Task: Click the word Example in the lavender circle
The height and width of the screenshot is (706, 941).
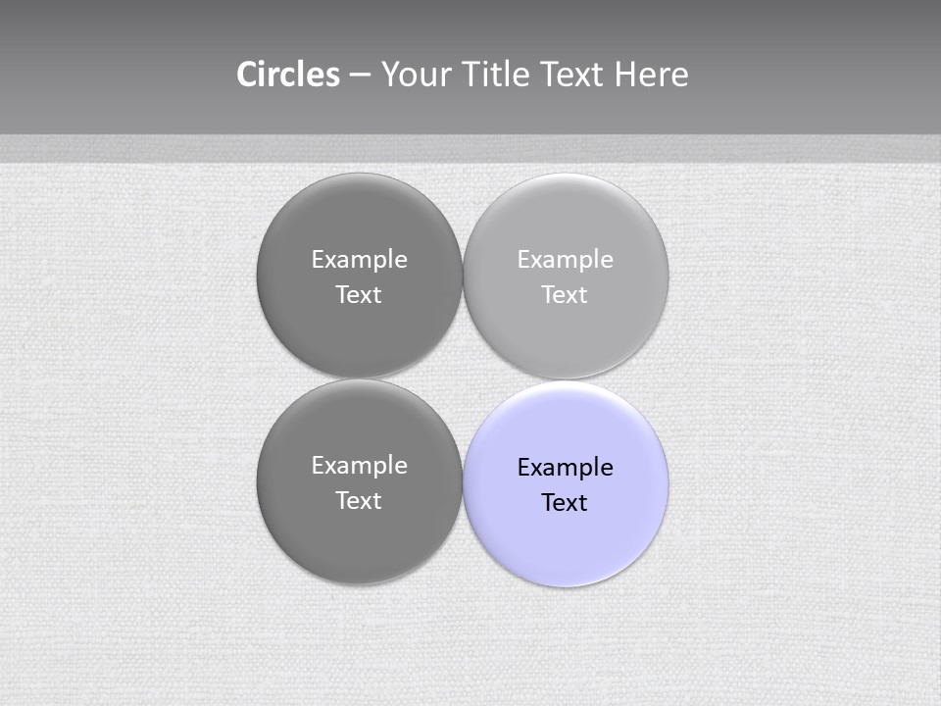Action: click(x=565, y=468)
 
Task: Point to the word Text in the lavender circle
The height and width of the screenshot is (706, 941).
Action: click(x=565, y=503)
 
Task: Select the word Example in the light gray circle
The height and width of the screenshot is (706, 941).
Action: click(x=565, y=260)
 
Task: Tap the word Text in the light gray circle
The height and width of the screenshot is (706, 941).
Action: click(x=565, y=295)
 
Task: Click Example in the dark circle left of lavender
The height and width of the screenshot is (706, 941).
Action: click(x=359, y=466)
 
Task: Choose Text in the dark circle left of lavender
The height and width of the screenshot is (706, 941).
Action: click(x=359, y=501)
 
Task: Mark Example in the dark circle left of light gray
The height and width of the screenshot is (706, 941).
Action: click(x=359, y=260)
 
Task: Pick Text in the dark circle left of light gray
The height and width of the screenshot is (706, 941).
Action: click(x=359, y=295)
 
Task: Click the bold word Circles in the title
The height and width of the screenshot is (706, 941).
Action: click(x=288, y=75)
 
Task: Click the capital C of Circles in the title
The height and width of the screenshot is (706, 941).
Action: click(x=247, y=75)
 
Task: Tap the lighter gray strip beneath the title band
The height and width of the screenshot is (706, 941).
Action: click(x=470, y=148)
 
